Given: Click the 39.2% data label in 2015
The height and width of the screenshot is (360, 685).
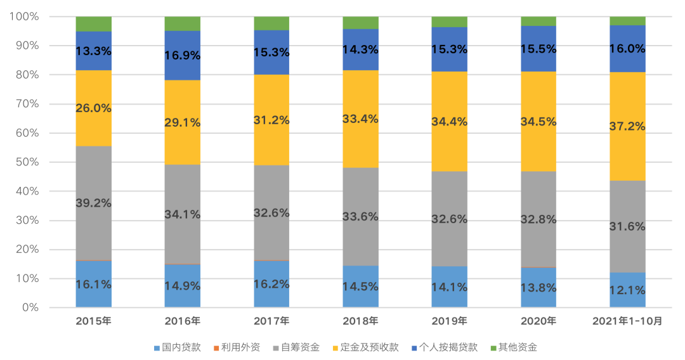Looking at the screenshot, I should pyautogui.click(x=93, y=203).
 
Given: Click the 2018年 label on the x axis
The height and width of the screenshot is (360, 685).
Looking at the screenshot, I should pyautogui.click(x=360, y=321).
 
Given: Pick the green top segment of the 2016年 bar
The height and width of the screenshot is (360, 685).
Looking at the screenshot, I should pyautogui.click(x=183, y=23).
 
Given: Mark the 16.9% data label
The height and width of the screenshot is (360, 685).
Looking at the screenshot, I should pyautogui.click(x=183, y=55).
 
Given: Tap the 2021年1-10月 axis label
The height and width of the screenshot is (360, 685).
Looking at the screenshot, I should pyautogui.click(x=627, y=321).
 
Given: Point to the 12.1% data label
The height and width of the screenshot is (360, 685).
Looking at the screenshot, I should pyautogui.click(x=627, y=290).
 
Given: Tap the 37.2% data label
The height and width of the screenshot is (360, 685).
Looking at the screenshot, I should pyautogui.click(x=627, y=126).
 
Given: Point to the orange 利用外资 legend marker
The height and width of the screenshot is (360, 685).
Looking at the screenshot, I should pyautogui.click(x=216, y=348).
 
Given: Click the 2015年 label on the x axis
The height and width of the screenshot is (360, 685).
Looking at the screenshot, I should pyautogui.click(x=93, y=321).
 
